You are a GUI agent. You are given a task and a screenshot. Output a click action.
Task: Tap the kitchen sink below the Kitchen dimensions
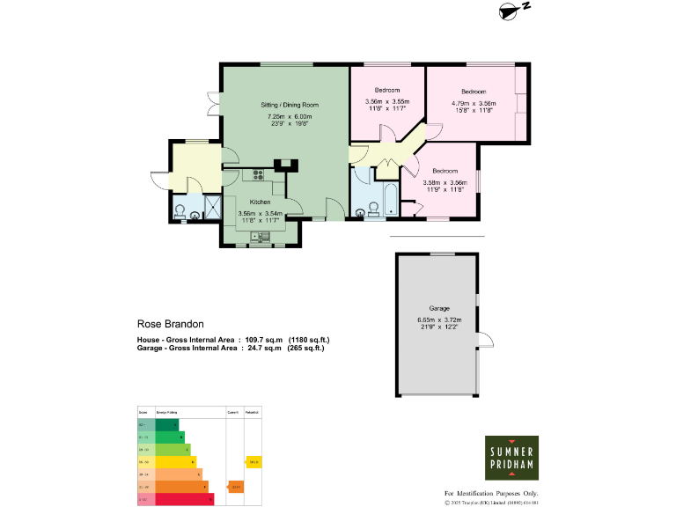(x=260, y=236)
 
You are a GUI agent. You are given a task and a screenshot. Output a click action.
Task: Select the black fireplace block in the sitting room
(x=288, y=163)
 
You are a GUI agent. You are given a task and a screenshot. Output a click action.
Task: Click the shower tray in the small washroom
(x=213, y=207)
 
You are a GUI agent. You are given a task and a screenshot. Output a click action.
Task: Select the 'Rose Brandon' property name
(x=164, y=323)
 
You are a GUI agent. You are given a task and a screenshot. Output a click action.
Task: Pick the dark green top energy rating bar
(x=159, y=424)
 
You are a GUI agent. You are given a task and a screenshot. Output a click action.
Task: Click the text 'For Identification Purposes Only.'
(x=490, y=494)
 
